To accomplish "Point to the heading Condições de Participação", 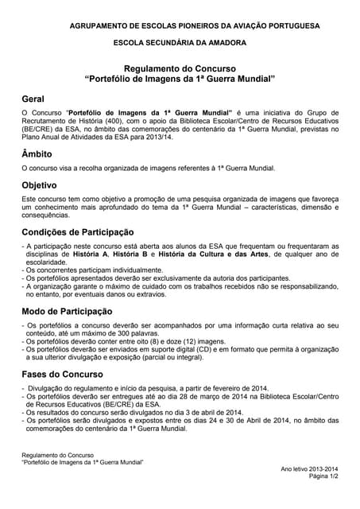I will tap(77, 232).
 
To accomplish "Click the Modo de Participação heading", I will tap(67, 311).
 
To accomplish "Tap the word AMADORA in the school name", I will tap(223, 42).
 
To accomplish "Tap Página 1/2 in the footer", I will tap(323, 498).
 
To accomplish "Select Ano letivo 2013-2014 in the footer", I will tap(311, 491).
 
